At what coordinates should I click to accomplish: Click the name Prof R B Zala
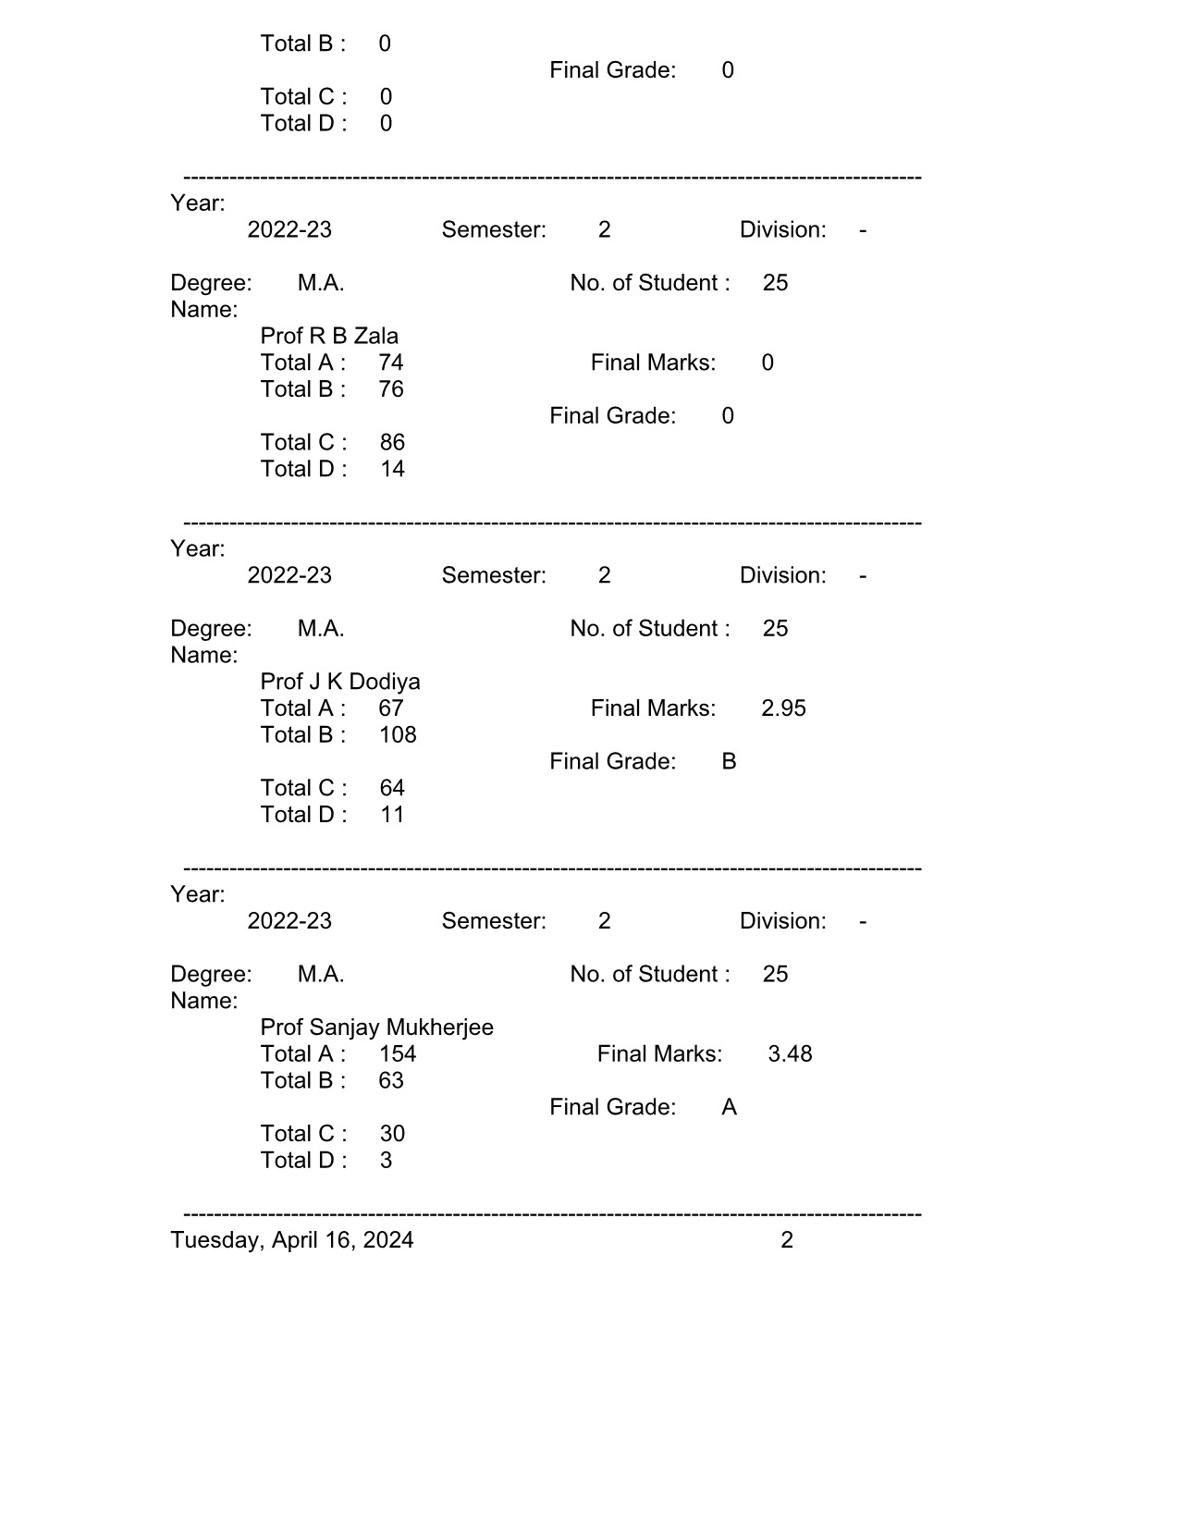[329, 336]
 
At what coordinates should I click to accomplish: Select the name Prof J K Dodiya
[340, 682]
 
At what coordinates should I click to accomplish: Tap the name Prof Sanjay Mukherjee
[376, 1028]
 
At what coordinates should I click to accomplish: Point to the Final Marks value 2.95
[783, 708]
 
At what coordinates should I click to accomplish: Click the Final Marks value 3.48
[790, 1054]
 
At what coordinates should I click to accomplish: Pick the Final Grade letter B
[729, 761]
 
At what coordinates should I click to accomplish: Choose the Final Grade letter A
[729, 1107]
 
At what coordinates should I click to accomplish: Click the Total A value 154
[398, 1054]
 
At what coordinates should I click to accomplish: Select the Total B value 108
[398, 735]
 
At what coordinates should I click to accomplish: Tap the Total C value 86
[392, 442]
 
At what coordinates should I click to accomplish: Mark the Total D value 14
[392, 469]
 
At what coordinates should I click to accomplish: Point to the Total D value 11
[392, 815]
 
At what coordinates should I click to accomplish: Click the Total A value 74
[391, 363]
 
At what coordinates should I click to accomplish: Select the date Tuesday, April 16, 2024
[292, 1240]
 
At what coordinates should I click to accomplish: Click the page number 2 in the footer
[787, 1240]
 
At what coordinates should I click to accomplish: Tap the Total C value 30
[392, 1134]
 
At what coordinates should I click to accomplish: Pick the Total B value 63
[391, 1081]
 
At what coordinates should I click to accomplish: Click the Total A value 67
[391, 708]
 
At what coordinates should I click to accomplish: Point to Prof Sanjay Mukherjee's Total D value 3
[387, 1161]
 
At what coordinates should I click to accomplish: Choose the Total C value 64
[392, 788]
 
